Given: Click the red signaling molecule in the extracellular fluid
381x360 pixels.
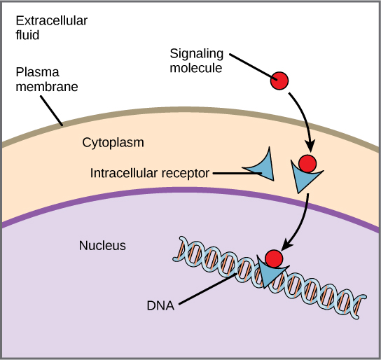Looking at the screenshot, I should pyautogui.click(x=280, y=81).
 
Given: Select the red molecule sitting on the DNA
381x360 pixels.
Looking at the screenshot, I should pyautogui.click(x=274, y=258).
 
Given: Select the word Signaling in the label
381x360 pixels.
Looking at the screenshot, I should pyautogui.click(x=197, y=53).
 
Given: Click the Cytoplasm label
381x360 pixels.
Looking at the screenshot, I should pyautogui.click(x=113, y=142).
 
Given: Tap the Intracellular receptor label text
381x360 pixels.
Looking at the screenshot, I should pyautogui.click(x=149, y=172).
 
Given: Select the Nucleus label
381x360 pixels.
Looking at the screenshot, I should pyautogui.click(x=102, y=245).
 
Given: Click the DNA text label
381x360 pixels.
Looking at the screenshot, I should pyautogui.click(x=162, y=305).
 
